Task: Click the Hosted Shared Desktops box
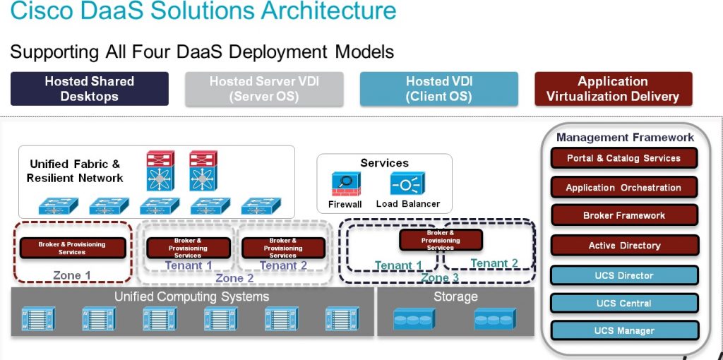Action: (x=90, y=89)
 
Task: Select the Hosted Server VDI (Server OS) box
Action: (x=264, y=89)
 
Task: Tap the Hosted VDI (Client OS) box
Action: (x=438, y=89)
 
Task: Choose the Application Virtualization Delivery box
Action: (x=613, y=89)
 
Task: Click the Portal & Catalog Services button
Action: (x=624, y=158)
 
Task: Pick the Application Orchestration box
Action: (x=624, y=188)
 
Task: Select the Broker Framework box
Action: (x=624, y=215)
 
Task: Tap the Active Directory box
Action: (x=624, y=246)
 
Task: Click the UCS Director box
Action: (x=624, y=275)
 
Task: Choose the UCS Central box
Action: (x=624, y=303)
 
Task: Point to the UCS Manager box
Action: (x=624, y=330)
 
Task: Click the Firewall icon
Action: (x=345, y=184)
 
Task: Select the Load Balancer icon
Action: (x=407, y=184)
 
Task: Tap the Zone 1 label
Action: (x=72, y=275)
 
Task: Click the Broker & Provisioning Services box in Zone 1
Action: (x=72, y=248)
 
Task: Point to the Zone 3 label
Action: (x=440, y=278)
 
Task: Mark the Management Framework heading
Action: (x=625, y=138)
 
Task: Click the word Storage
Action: (x=455, y=296)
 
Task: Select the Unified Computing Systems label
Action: (x=191, y=296)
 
